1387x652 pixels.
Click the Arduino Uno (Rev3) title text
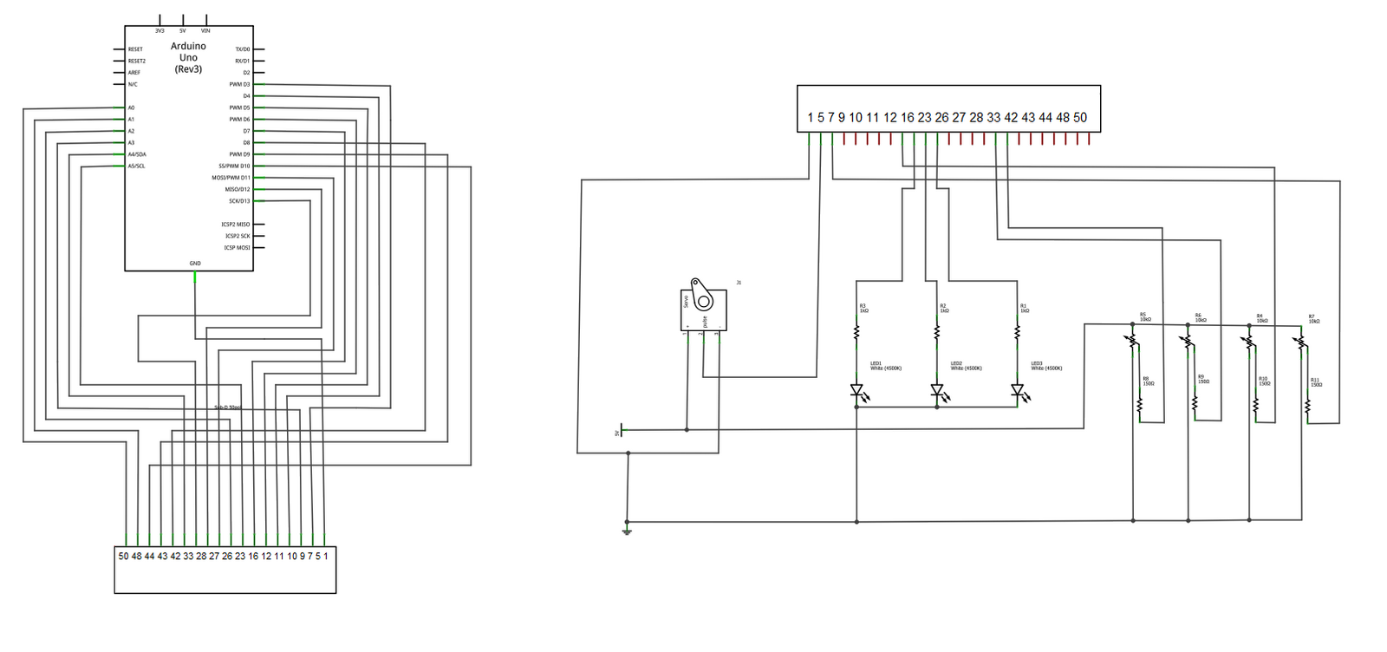(x=188, y=57)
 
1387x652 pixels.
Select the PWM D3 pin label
(x=239, y=85)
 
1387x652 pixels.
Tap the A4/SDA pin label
(x=137, y=154)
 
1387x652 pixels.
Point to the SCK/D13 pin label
(x=239, y=201)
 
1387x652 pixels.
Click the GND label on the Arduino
(x=195, y=264)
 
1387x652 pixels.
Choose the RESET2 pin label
(x=137, y=62)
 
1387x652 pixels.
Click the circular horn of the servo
(x=703, y=301)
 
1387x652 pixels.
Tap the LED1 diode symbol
(x=856, y=391)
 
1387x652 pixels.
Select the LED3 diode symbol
(x=1018, y=391)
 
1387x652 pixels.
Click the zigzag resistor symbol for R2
(x=937, y=333)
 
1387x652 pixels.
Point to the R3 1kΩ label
(x=863, y=308)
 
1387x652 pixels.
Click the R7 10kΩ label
(x=1314, y=319)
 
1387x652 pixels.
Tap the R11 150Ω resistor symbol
(x=1307, y=406)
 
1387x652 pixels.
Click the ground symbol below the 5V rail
(x=627, y=531)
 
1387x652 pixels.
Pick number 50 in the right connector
(x=1080, y=118)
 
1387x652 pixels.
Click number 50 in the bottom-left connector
(x=123, y=557)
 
